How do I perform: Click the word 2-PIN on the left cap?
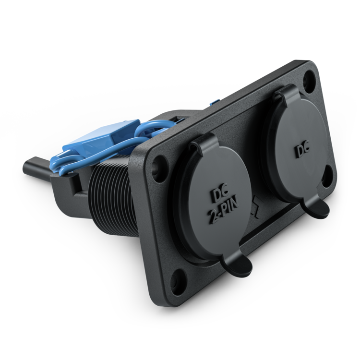pyautogui.click(x=223, y=211)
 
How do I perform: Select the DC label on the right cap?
pyautogui.click(x=302, y=151)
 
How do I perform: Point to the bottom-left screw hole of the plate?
pyautogui.click(x=178, y=280)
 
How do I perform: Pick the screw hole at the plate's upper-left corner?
pyautogui.click(x=159, y=164)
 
